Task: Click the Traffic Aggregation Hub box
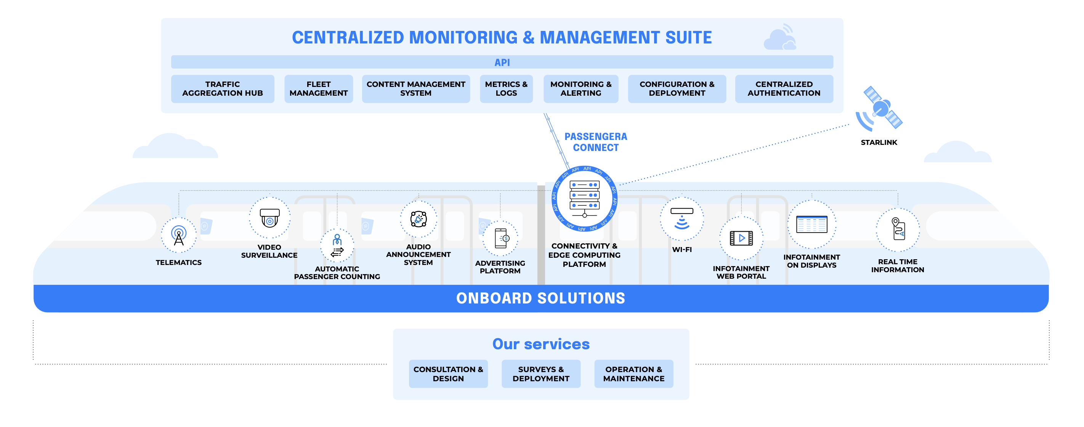[x=222, y=89]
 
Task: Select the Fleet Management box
[x=318, y=89]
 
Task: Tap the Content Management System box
[x=415, y=89]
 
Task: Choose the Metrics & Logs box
[x=506, y=89]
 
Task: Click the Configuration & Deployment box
[x=677, y=89]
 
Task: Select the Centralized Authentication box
[x=784, y=89]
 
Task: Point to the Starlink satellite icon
[x=881, y=108]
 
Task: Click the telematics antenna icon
[x=179, y=235]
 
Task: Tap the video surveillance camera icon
[x=269, y=218]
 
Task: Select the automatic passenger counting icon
[x=337, y=246]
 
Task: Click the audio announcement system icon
[x=418, y=219]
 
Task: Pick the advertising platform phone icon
[x=501, y=238]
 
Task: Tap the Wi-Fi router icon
[x=682, y=218]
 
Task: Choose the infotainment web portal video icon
[x=741, y=238]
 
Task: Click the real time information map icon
[x=898, y=229]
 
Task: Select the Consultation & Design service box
[x=448, y=374]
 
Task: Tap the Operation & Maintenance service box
[x=633, y=374]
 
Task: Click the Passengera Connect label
[x=595, y=142]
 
